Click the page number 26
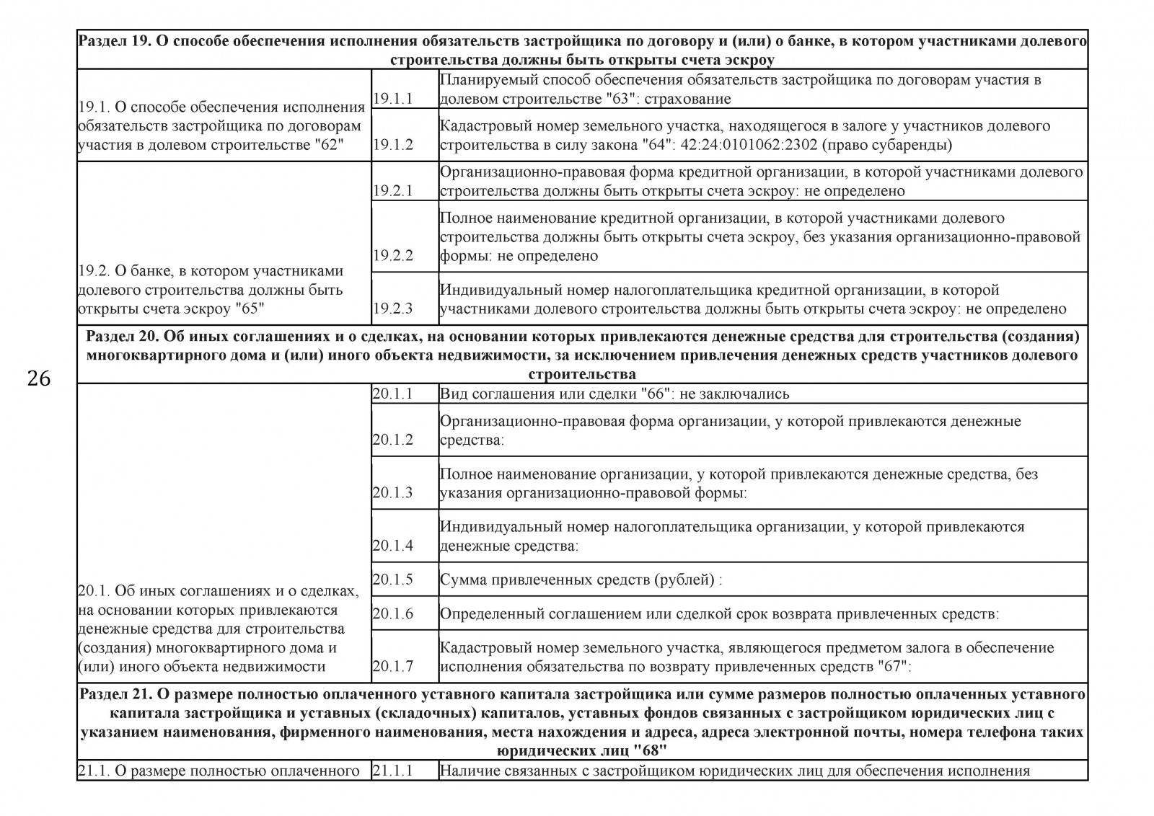39,378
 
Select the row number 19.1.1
393,99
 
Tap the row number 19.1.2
393,145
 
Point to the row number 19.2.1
393,191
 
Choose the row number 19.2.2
393,256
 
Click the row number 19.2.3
393,309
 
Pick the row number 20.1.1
393,394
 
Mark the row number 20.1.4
393,546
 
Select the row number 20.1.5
393,580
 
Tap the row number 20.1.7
393,666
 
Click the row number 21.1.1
393,771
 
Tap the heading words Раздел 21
113,694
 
